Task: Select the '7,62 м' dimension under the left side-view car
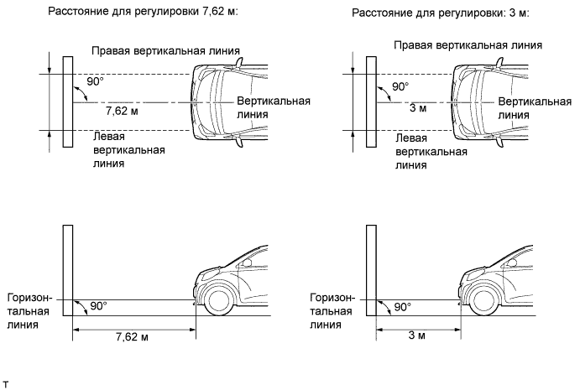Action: coord(133,336)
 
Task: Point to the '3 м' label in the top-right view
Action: coord(417,110)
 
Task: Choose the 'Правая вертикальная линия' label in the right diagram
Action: coord(469,45)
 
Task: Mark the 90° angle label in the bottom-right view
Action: coord(401,306)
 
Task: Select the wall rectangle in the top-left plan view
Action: coord(68,101)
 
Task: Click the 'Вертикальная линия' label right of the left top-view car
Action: coord(274,108)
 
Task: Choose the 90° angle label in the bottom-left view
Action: coord(98,306)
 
